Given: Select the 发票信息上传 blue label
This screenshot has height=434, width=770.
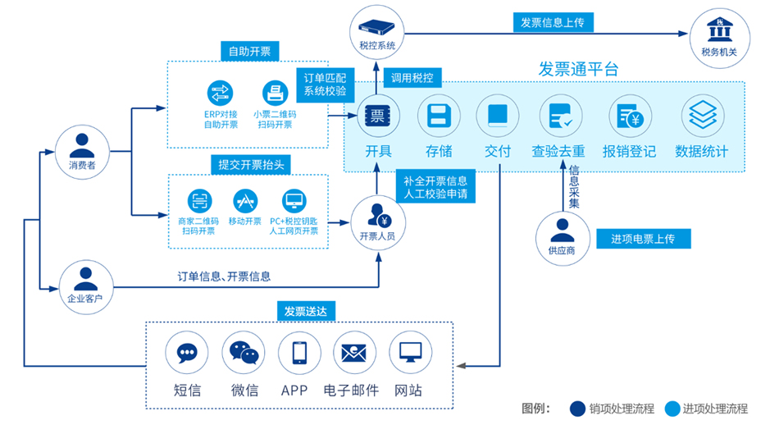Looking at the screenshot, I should point(552,23).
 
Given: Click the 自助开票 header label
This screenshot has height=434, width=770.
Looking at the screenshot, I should point(250,52).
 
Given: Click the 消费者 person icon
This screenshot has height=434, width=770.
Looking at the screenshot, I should point(82,146).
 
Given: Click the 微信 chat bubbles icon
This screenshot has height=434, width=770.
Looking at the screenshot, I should point(244,354).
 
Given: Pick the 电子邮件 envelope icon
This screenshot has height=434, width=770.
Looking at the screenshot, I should point(354,354).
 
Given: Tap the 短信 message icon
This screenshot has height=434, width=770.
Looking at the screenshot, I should point(187,354).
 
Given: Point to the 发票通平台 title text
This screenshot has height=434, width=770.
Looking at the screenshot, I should point(578,70).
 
